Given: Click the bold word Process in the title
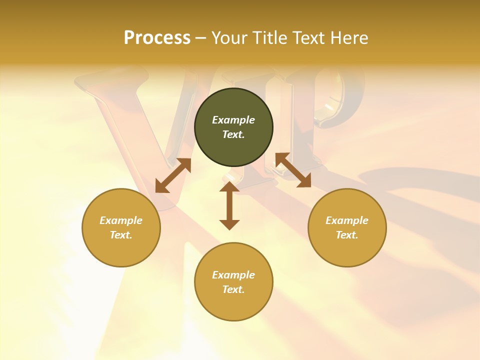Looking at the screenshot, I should coord(157,38).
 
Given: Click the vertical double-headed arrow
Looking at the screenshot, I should coord(229,205).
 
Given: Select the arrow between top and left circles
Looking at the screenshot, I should coord(173,175).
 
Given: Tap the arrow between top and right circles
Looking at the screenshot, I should coord(293,170).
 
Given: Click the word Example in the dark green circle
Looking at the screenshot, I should coord(233,120).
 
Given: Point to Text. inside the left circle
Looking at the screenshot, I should coord(121,235).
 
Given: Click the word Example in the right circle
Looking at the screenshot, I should coord(347,220).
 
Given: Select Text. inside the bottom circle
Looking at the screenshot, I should coord(233,289).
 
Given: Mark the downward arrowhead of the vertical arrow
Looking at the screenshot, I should coord(229,224).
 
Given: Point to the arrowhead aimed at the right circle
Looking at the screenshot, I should coord(304,181).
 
